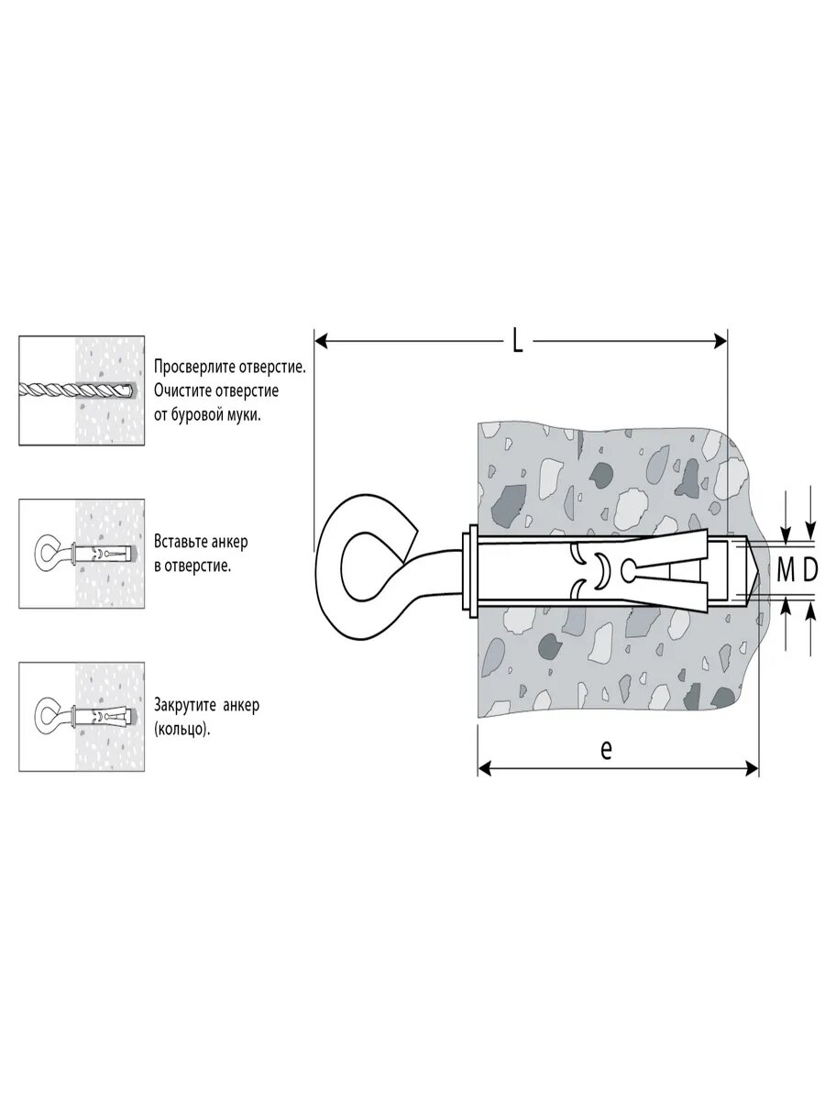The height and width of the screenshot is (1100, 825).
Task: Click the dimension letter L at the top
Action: pyautogui.click(x=517, y=343)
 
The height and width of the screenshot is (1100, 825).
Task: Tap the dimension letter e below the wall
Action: pyautogui.click(x=606, y=749)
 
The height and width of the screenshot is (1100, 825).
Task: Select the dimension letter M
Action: pyautogui.click(x=786, y=570)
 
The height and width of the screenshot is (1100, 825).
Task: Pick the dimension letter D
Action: pyautogui.click(x=810, y=570)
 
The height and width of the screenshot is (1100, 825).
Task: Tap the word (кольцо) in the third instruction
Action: pyautogui.click(x=176, y=730)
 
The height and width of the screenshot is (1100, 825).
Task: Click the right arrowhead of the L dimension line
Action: pyautogui.click(x=721, y=342)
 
